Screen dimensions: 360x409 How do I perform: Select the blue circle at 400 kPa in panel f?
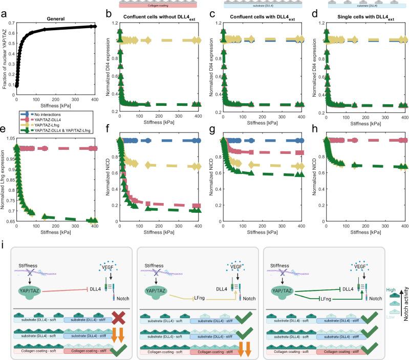tap(198, 140)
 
